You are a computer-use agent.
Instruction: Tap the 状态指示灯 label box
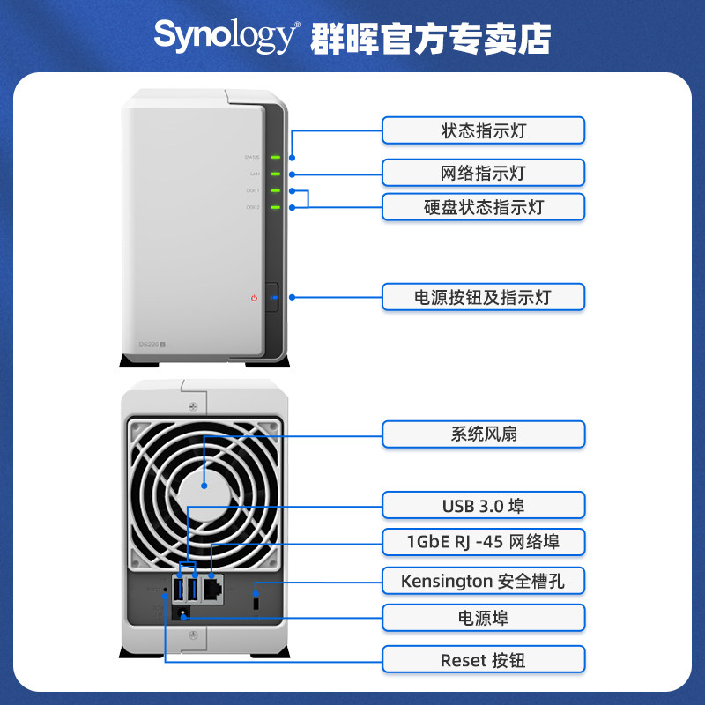pos(483,130)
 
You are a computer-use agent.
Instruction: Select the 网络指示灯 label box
pos(483,172)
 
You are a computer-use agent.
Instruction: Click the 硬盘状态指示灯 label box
pos(483,207)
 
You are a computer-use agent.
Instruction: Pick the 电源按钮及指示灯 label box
pos(483,296)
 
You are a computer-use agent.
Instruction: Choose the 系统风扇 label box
pos(483,434)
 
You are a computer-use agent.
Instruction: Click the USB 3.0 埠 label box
pos(483,505)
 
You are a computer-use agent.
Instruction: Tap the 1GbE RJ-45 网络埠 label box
pos(483,540)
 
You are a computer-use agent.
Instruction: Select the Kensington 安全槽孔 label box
pos(483,581)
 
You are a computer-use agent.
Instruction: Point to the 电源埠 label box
pos(483,618)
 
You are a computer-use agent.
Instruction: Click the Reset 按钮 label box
pos(483,658)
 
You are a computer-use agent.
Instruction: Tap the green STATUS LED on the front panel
pos(276,158)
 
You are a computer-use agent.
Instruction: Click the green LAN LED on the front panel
pos(276,174)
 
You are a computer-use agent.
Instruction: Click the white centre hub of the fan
pos(204,486)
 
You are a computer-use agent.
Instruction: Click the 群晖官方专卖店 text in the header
pos(431,37)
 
